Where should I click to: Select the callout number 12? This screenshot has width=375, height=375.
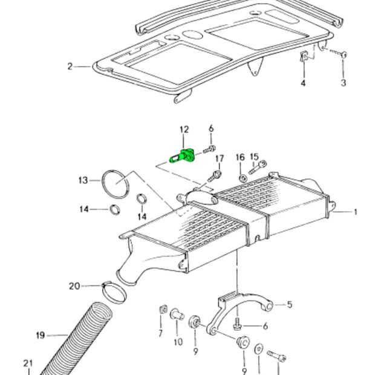click(184, 129)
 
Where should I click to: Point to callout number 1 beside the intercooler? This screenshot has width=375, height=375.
click(356, 212)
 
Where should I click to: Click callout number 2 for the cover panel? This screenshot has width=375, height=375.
click(70, 66)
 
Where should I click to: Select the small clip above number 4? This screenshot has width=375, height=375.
click(304, 58)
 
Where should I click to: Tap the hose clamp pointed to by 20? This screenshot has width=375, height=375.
click(115, 293)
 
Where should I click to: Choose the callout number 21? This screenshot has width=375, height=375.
click(28, 363)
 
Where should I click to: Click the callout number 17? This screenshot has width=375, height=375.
click(220, 158)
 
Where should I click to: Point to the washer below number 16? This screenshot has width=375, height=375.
click(242, 178)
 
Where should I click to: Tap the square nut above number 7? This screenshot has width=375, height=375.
click(161, 310)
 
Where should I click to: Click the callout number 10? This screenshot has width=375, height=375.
click(178, 342)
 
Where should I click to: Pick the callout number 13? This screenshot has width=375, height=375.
click(83, 180)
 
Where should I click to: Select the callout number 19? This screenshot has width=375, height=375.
click(41, 335)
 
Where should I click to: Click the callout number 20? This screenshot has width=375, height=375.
click(74, 285)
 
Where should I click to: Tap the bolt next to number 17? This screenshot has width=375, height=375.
click(213, 177)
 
